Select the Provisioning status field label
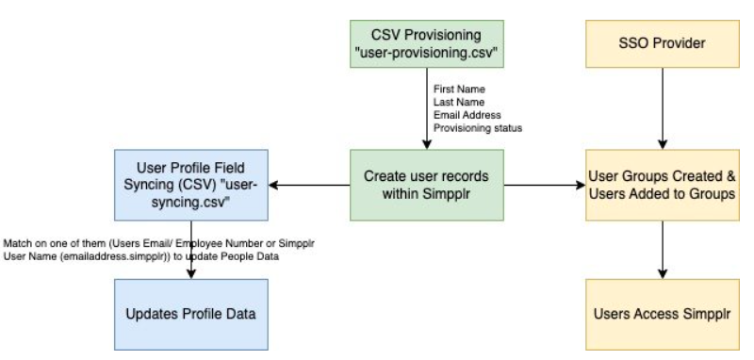pos(478,128)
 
